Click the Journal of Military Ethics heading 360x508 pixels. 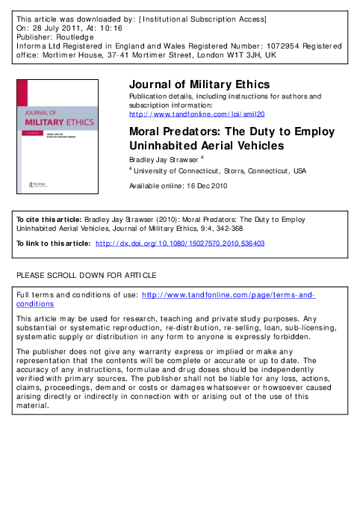pyautogui.click(x=199, y=84)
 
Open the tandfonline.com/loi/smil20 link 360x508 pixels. pyautogui.click(x=197, y=114)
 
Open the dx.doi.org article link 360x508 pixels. pyautogui.click(x=180, y=244)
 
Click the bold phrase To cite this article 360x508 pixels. pyautogui.click(x=46, y=221)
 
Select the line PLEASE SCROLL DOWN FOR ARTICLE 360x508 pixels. pyautogui.click(x=87, y=276)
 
